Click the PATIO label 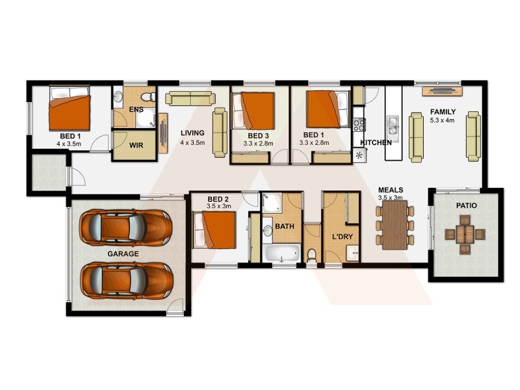click(x=466, y=205)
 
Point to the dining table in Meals click(x=395, y=225)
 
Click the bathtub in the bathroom click(x=281, y=252)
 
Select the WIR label click(x=136, y=147)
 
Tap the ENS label click(x=136, y=109)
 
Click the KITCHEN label click(x=376, y=142)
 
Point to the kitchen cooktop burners click(x=359, y=123)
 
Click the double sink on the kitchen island click(x=393, y=123)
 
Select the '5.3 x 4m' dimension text click(x=442, y=120)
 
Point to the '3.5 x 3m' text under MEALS click(x=391, y=198)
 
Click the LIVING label click(x=192, y=133)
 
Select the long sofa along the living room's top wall click(x=189, y=98)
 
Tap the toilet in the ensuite click(x=149, y=97)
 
